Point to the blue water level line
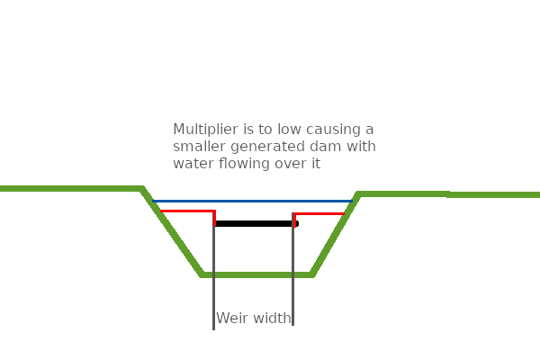[x=252, y=201]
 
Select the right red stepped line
[x=319, y=213]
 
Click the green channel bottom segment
[x=256, y=274]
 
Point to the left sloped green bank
[x=171, y=230]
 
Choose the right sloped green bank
[x=335, y=234]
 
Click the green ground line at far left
[x=45, y=188]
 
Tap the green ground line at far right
[x=504, y=194]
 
